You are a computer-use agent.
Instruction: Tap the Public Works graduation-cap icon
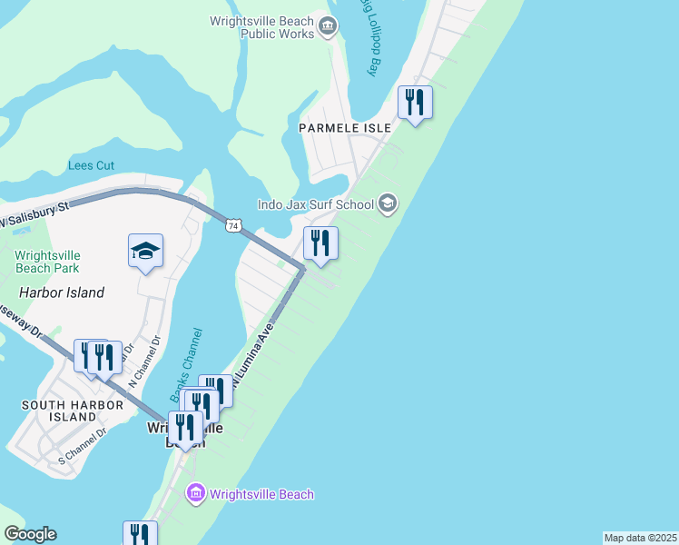[x=328, y=27]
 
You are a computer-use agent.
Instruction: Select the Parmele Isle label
[x=345, y=129]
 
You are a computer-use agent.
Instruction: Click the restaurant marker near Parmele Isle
[x=415, y=103]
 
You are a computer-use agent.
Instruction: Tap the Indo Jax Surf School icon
[x=388, y=203]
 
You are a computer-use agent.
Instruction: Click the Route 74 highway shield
[x=234, y=224]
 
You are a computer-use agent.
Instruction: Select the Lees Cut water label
[x=92, y=166]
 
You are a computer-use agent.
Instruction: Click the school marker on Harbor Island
[x=145, y=251]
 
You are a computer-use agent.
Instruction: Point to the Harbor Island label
[x=62, y=292]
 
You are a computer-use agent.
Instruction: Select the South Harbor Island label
[x=60, y=411]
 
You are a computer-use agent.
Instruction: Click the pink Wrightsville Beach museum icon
[x=195, y=494]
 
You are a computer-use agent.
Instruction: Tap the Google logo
[x=30, y=534]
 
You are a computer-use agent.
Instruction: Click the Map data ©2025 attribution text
[x=640, y=538]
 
